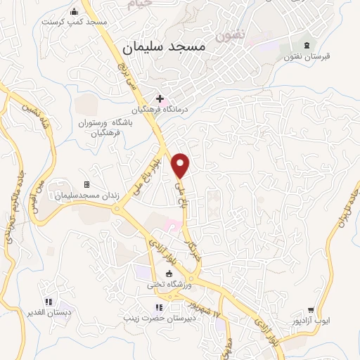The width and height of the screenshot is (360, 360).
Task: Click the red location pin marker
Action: point(181,165)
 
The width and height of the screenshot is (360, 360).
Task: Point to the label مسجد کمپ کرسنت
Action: point(74,22)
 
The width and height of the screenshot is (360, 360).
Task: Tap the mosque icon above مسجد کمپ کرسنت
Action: point(75,11)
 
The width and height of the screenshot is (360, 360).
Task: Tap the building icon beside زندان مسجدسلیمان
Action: point(87,184)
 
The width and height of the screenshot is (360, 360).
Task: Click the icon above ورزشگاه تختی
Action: point(168,274)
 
